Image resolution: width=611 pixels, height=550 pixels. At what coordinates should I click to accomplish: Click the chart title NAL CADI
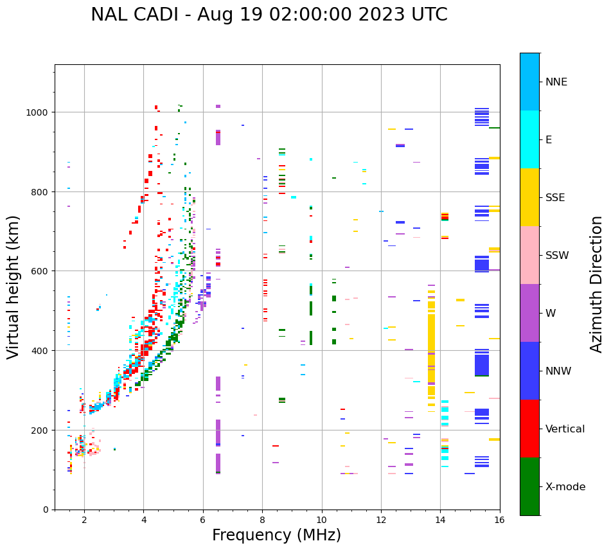tap(269, 15)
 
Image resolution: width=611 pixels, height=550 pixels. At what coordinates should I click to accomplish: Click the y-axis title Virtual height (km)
tap(13, 287)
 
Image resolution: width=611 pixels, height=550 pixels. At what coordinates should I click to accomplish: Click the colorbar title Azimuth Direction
tap(597, 284)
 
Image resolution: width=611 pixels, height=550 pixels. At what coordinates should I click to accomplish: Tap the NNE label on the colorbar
tap(556, 82)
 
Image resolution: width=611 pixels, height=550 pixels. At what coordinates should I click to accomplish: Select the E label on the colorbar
tap(548, 140)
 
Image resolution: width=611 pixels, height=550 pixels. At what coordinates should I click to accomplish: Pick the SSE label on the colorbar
tap(555, 198)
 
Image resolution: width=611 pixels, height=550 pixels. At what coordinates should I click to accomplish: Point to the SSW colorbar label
tap(556, 256)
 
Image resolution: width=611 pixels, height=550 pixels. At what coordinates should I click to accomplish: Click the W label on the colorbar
tap(550, 314)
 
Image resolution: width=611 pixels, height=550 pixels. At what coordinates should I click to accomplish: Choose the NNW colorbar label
tap(558, 371)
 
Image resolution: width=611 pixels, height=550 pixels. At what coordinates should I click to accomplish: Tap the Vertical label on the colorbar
tap(565, 429)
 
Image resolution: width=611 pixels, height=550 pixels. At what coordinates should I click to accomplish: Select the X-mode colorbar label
tap(565, 487)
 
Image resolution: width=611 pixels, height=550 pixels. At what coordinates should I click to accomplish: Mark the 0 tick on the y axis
tap(46, 510)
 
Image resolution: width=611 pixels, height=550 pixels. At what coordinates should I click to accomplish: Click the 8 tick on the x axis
tap(262, 520)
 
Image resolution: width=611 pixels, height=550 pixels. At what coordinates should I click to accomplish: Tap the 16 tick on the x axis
tap(499, 520)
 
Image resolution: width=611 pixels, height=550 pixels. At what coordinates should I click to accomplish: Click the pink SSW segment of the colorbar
tap(529, 255)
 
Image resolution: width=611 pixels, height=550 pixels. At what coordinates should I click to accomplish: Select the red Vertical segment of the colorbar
tap(529, 429)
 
